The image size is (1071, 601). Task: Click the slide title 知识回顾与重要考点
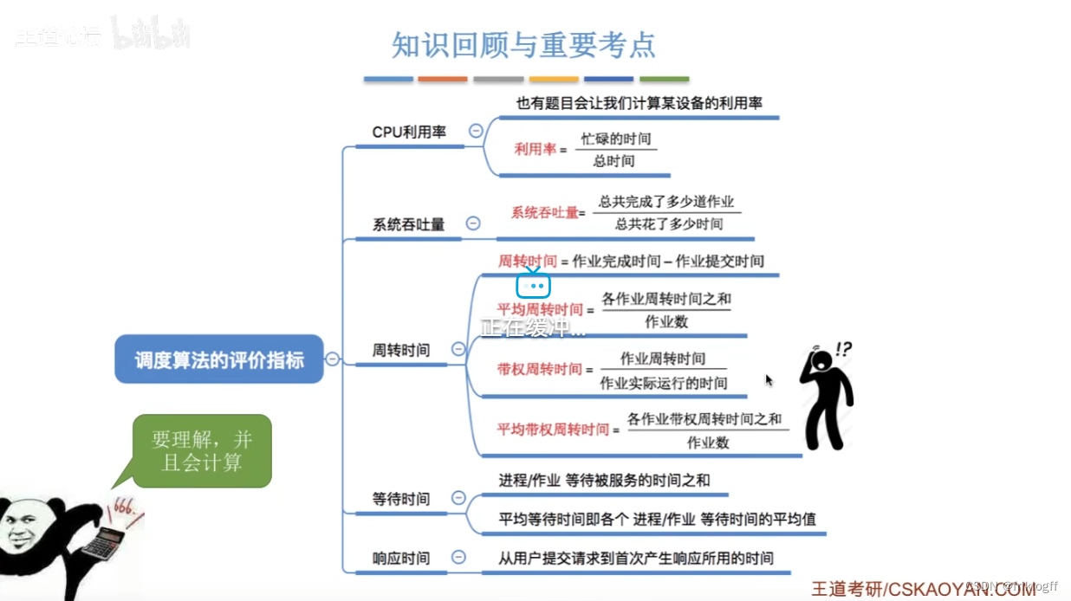pyautogui.click(x=523, y=44)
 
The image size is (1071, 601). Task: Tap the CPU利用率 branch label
pyautogui.click(x=409, y=132)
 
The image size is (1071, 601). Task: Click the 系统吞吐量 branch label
pyautogui.click(x=408, y=224)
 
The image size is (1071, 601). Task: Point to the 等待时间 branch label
pyautogui.click(x=400, y=499)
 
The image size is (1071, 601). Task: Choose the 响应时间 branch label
pyautogui.click(x=400, y=558)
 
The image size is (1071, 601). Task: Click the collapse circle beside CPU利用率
pyautogui.click(x=476, y=131)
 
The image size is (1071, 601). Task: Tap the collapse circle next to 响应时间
pyautogui.click(x=458, y=557)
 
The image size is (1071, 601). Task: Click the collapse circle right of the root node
pyautogui.click(x=333, y=359)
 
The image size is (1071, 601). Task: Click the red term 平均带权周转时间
pyautogui.click(x=553, y=429)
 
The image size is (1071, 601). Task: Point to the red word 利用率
pyautogui.click(x=535, y=149)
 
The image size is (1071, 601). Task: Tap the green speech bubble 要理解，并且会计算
pyautogui.click(x=203, y=450)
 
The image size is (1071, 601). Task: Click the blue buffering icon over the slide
pyautogui.click(x=533, y=285)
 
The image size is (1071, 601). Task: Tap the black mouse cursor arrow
pyautogui.click(x=769, y=380)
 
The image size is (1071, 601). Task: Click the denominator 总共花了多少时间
pyautogui.click(x=669, y=224)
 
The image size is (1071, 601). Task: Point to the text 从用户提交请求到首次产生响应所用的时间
pyautogui.click(x=635, y=558)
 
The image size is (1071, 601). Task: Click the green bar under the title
pyautogui.click(x=664, y=79)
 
